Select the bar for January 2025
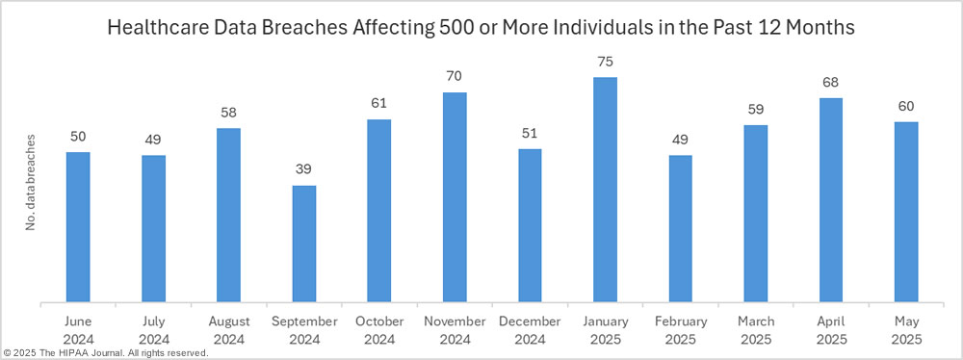click(x=605, y=190)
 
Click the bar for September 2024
click(x=304, y=244)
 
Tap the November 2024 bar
click(x=455, y=197)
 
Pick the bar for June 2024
click(x=78, y=227)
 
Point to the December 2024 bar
click(x=530, y=225)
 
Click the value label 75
click(x=605, y=62)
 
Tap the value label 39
click(x=304, y=169)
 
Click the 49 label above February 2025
click(x=680, y=140)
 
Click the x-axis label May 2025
click(x=906, y=329)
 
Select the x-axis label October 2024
click(x=379, y=329)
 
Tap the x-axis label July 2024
click(x=153, y=329)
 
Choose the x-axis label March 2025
click(x=756, y=329)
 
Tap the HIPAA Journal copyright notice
click(x=106, y=353)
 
